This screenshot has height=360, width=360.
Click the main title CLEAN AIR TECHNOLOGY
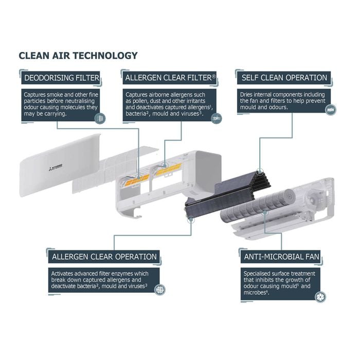[78, 56]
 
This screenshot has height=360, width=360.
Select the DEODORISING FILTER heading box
[61, 78]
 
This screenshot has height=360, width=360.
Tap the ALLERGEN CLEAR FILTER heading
[170, 78]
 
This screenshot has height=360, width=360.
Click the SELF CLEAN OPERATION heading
[284, 78]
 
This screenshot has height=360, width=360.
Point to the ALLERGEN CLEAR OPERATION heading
[104, 257]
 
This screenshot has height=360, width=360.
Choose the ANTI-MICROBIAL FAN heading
[281, 257]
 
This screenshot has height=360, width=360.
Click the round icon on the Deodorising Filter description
[100, 119]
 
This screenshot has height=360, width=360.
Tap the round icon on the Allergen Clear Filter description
[217, 118]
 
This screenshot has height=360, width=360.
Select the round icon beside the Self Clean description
[331, 110]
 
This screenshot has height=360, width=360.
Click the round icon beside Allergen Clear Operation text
[159, 290]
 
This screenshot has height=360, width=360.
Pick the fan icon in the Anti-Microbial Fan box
[320, 297]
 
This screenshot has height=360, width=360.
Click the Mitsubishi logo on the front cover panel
[56, 168]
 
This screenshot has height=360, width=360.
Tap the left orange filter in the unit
[137, 179]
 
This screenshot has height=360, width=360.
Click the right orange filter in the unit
[169, 169]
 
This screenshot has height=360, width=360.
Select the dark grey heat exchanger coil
[227, 195]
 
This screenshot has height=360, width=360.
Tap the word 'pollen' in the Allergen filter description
[140, 101]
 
